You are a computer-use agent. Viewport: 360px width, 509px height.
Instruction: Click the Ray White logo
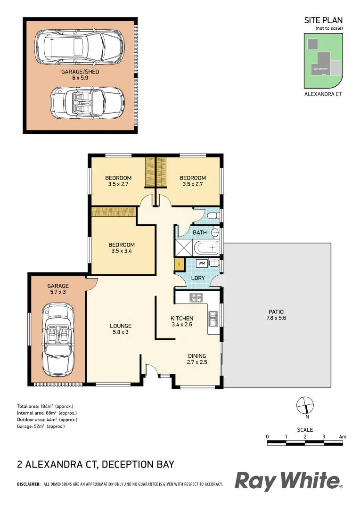click(288, 481)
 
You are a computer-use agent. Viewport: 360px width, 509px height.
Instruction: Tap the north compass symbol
click(305, 405)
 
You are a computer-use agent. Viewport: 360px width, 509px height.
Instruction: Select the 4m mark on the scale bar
click(343, 437)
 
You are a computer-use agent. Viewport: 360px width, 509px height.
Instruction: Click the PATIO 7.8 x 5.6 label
click(276, 314)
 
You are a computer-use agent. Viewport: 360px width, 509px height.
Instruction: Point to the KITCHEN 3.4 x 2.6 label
click(182, 321)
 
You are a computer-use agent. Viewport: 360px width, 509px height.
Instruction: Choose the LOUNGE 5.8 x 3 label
click(121, 329)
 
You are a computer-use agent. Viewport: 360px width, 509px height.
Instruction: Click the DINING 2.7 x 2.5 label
click(197, 359)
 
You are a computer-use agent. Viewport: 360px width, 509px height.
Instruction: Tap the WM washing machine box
click(202, 263)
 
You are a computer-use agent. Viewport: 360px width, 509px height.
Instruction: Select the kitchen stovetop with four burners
click(196, 297)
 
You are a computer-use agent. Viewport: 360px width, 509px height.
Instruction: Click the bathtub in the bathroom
click(207, 247)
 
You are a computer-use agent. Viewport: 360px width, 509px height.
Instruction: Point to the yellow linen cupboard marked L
click(179, 265)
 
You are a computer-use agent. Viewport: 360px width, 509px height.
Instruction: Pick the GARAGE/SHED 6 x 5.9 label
click(80, 74)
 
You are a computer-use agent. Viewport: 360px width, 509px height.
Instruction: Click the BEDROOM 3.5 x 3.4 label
click(122, 248)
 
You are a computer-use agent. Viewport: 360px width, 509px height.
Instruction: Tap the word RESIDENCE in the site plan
click(320, 69)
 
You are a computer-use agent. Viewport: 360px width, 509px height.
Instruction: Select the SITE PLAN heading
click(323, 20)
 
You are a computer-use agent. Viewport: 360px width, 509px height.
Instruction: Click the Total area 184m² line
click(45, 406)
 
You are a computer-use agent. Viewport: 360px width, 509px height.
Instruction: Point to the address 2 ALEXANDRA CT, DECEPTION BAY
click(96, 464)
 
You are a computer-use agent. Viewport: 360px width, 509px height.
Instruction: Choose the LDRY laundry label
click(198, 278)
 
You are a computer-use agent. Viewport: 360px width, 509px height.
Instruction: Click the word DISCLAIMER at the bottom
click(29, 484)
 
